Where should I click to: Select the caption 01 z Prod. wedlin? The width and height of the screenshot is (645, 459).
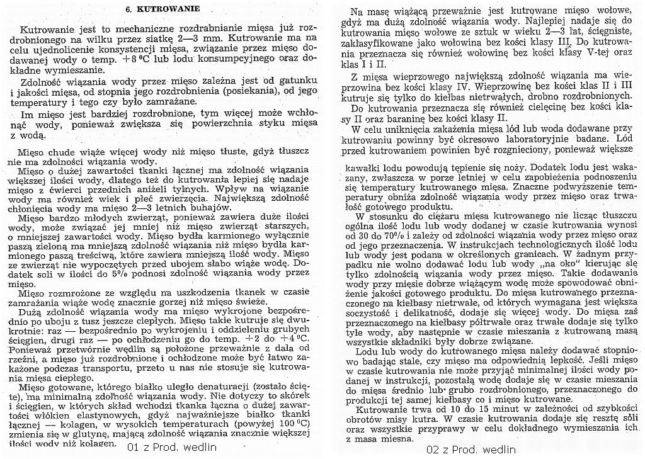tap(171, 448)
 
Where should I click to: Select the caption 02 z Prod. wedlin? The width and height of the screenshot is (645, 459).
tap(471, 450)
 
